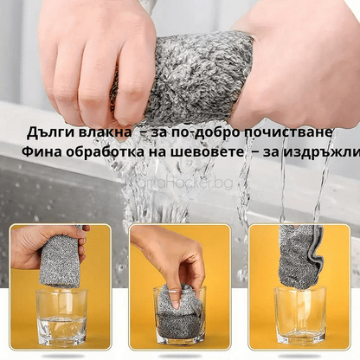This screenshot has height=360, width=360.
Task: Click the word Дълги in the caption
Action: [x=52, y=132]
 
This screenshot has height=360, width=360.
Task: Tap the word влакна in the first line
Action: [x=105, y=132]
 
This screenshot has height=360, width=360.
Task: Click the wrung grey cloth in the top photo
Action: [x=195, y=78]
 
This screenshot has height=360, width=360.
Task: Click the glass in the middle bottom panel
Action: [x=179, y=318]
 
